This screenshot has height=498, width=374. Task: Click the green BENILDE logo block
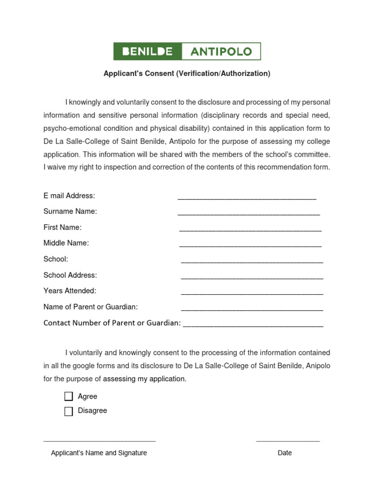tap(148, 52)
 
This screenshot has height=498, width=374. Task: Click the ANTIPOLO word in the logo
tap(221, 52)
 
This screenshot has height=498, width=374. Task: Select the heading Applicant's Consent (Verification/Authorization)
tap(187, 73)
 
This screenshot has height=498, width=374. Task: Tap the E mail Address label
tap(69, 196)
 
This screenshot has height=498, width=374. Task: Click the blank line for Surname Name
tap(248, 214)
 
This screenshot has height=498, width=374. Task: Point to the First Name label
tap(62, 228)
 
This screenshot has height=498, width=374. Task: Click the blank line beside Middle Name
tap(250, 246)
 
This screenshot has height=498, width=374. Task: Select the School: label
tap(56, 259)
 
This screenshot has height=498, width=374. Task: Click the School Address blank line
tap(252, 278)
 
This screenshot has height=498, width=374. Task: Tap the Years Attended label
tap(70, 291)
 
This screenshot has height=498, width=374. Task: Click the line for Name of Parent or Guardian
tap(252, 309)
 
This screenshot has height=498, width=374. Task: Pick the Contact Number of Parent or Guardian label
tap(112, 323)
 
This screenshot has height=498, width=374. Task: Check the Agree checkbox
tap(69, 396)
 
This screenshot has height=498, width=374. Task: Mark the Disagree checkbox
tap(69, 411)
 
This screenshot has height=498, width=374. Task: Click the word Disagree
tap(92, 410)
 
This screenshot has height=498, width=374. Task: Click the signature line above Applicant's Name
tap(99, 441)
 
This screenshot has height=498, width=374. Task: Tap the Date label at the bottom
tap(285, 453)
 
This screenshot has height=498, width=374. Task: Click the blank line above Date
tap(288, 441)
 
